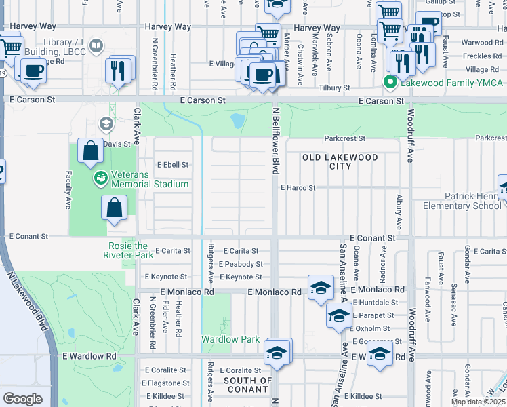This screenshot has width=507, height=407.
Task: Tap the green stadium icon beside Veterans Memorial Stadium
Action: click(100, 178)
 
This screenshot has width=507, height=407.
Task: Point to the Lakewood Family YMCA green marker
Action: click(390, 83)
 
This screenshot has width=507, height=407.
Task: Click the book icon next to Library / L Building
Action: click(96, 45)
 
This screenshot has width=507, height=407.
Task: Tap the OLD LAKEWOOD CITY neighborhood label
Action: click(340, 161)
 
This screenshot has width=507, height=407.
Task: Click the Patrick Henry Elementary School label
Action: click(462, 201)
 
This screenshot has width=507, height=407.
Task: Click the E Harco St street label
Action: click(298, 187)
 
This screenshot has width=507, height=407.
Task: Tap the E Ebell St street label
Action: click(172, 164)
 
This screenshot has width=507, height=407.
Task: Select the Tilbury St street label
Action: click(336, 88)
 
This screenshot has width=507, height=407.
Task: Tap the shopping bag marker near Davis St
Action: click(90, 151)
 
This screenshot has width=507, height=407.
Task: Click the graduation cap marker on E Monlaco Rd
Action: click(321, 287)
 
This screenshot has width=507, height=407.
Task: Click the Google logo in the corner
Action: click(22, 399)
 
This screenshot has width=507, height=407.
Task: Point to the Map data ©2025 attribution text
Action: click(478, 402)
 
